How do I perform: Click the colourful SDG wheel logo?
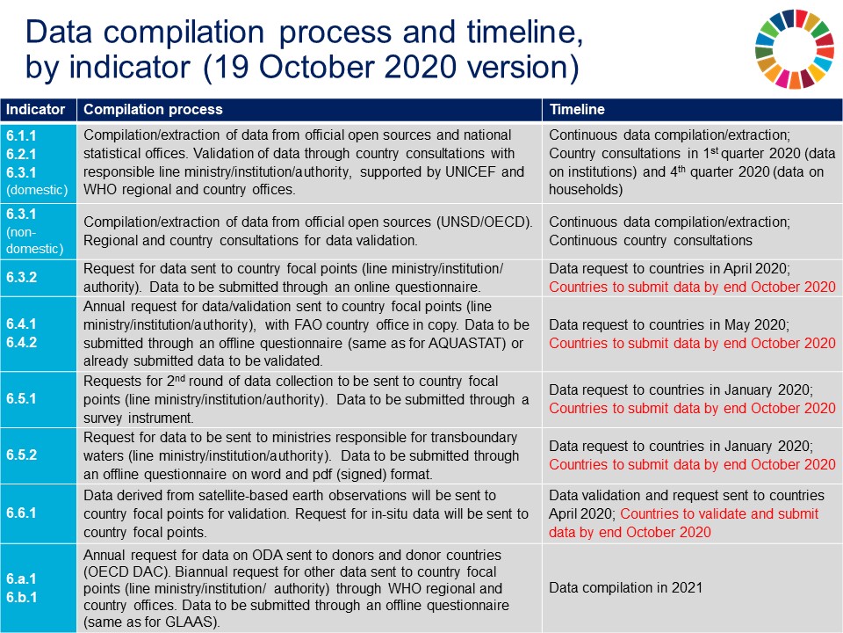pyautogui.click(x=794, y=49)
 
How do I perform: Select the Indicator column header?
pyautogui.click(x=37, y=110)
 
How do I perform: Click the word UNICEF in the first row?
pyautogui.click(x=475, y=171)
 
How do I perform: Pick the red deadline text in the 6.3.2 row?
pyautogui.click(x=692, y=287)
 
